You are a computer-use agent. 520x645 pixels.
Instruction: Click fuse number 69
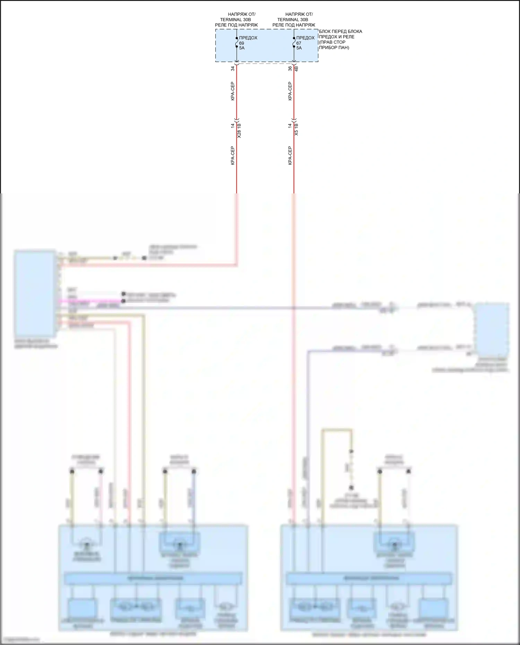[x=241, y=43]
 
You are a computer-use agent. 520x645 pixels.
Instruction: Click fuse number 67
[x=298, y=43]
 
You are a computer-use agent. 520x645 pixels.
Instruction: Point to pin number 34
[x=233, y=69]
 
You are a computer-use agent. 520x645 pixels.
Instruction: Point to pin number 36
[x=290, y=69]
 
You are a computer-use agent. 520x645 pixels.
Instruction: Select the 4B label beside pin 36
[x=296, y=69]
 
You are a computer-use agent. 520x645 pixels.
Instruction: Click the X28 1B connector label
[x=239, y=130]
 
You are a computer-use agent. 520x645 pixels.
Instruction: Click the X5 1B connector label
[x=296, y=129]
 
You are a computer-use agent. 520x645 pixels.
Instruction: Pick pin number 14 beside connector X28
[x=233, y=126]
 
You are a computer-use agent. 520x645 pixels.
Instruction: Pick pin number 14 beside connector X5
[x=290, y=126]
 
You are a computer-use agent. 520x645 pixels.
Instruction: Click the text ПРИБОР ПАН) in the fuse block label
[x=334, y=48]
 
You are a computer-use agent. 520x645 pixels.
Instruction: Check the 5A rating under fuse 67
[x=299, y=48]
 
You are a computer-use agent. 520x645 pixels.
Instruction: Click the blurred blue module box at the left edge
[x=35, y=293]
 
